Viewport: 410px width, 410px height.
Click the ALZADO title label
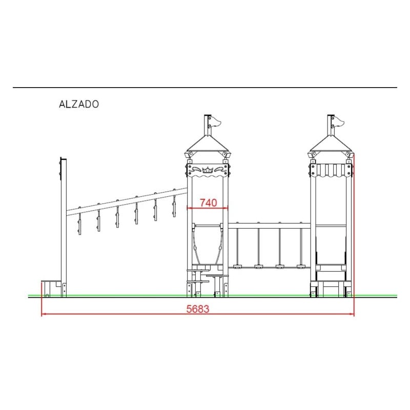coord(79,104)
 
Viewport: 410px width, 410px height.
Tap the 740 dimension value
coord(209,202)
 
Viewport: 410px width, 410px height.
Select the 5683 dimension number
coord(198,309)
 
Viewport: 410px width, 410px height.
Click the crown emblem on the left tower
coord(208,170)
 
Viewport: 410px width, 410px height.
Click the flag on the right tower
coord(339,121)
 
